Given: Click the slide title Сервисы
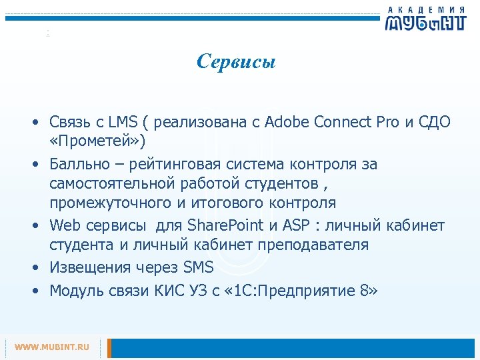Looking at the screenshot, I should (x=236, y=62).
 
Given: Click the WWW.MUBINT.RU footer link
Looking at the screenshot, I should (x=52, y=347).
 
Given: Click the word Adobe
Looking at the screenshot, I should (x=285, y=123).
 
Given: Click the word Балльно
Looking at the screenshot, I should (x=78, y=164).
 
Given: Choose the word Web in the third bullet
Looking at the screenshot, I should (x=65, y=225).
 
